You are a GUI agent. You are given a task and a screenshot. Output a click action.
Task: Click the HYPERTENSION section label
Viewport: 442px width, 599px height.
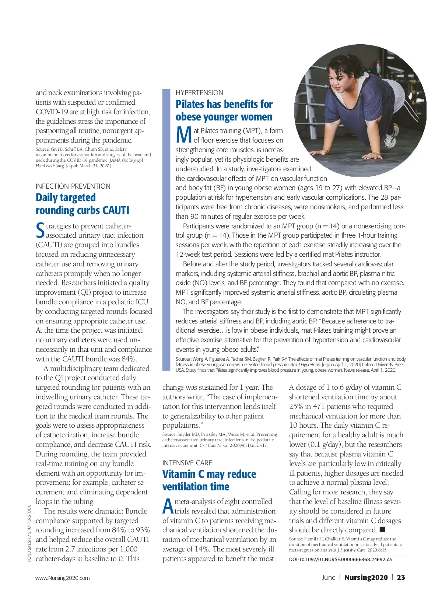coord(199,92)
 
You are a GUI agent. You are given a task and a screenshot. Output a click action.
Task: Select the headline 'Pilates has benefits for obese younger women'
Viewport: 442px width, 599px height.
coord(224,111)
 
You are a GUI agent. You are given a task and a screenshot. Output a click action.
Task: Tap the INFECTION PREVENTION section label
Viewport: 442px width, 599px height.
coord(73,186)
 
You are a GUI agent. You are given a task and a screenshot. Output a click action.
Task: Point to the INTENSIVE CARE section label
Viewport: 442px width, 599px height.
coord(187,463)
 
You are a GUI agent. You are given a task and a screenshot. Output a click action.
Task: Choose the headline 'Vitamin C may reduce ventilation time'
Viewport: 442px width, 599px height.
coord(209,480)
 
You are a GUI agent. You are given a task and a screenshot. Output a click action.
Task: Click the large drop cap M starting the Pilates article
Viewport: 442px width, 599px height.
coord(184,135)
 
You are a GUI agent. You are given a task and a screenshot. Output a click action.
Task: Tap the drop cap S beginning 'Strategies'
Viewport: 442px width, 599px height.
coord(40,231)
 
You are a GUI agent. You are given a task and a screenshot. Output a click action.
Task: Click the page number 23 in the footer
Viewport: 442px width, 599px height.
coord(401,577)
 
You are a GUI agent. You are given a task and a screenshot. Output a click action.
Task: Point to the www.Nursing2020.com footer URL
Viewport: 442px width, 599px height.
coord(63,578)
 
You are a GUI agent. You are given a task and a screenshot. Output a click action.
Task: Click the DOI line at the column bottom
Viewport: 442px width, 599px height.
coord(340,559)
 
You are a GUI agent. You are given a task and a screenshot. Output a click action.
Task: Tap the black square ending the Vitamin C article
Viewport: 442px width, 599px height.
coord(382,530)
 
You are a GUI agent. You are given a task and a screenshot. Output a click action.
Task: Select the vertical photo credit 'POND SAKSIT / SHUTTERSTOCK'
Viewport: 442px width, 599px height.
coord(29,533)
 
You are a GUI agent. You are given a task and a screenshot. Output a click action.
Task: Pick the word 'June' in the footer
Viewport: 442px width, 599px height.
coord(328,577)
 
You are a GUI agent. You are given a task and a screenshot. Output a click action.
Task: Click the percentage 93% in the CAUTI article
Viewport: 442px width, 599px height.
coord(143,530)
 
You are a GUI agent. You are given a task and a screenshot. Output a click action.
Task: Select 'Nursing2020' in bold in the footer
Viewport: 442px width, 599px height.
coord(366,577)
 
